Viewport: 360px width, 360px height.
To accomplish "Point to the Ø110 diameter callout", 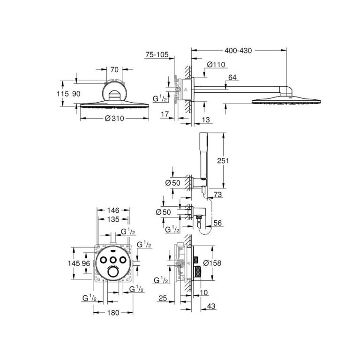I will [x=215, y=65].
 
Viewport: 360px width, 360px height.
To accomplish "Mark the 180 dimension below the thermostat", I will [x=112, y=313].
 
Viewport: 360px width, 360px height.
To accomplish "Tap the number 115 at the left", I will [x=63, y=94].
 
